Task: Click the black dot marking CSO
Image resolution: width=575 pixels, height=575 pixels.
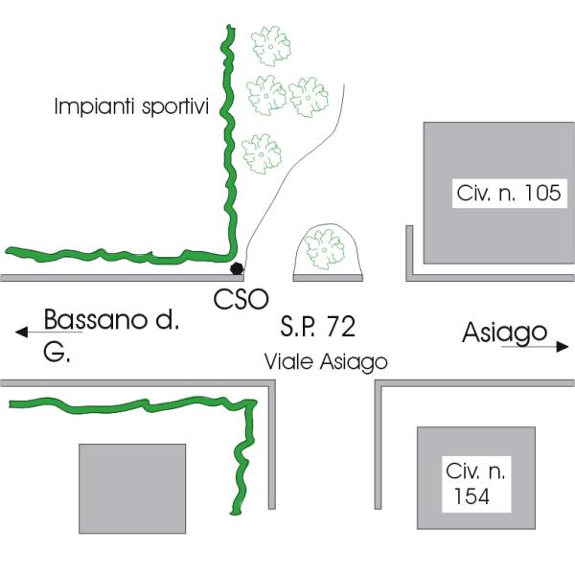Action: (x=236, y=268)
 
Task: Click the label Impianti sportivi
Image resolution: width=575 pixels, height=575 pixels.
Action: (x=131, y=105)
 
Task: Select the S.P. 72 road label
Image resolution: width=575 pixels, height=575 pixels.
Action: (x=318, y=328)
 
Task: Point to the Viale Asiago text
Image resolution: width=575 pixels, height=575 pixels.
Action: (x=326, y=362)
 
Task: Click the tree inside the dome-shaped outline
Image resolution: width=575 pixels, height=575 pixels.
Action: (x=325, y=249)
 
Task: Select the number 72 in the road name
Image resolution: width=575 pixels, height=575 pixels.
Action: (x=340, y=328)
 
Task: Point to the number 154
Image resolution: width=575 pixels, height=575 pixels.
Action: (x=471, y=496)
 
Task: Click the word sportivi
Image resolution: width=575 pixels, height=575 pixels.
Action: (x=177, y=105)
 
